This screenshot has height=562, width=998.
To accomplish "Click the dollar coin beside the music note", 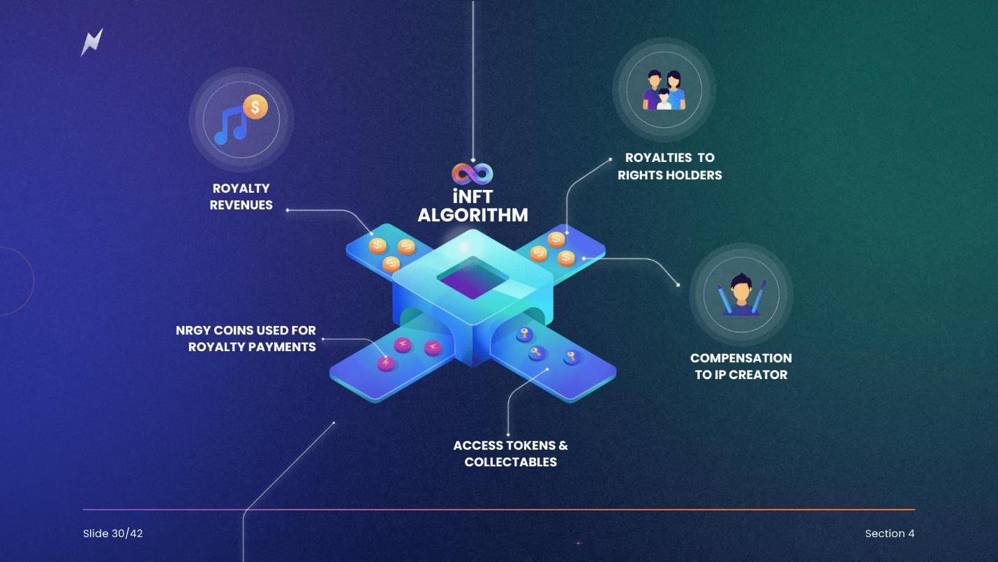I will point(256,108).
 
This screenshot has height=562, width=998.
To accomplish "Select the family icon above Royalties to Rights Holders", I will point(664,89).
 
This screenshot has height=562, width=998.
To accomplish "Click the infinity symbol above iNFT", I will point(472,173).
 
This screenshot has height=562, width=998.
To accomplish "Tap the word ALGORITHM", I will point(472,215).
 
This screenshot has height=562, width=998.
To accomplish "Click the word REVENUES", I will point(241,205).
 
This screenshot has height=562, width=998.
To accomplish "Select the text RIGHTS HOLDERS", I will point(670,175).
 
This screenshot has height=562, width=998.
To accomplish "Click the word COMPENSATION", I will point(740,358).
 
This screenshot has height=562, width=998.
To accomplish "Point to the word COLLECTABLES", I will point(511,462).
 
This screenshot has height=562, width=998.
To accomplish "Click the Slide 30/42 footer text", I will point(113,533).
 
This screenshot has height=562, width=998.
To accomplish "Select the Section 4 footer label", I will point(889,533).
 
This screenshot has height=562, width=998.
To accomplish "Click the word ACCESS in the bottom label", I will point(478,445).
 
